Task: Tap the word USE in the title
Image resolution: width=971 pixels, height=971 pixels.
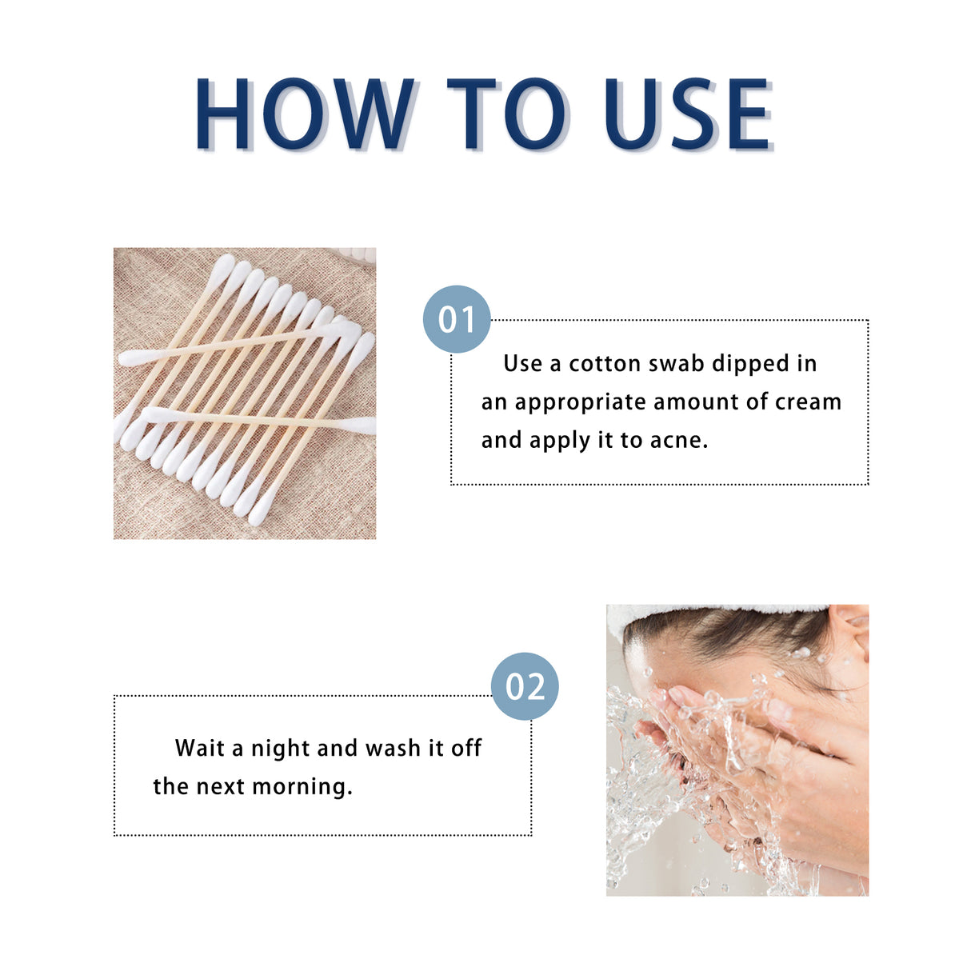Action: (687, 114)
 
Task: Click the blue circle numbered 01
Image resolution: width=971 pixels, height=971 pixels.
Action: (457, 319)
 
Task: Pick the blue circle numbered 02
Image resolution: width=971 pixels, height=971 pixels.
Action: (525, 686)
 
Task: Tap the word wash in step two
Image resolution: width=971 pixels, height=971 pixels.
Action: (393, 749)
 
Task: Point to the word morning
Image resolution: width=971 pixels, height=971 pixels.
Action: (302, 788)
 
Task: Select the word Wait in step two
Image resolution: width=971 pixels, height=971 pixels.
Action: (200, 749)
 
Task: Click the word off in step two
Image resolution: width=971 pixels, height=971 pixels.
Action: (466, 749)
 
